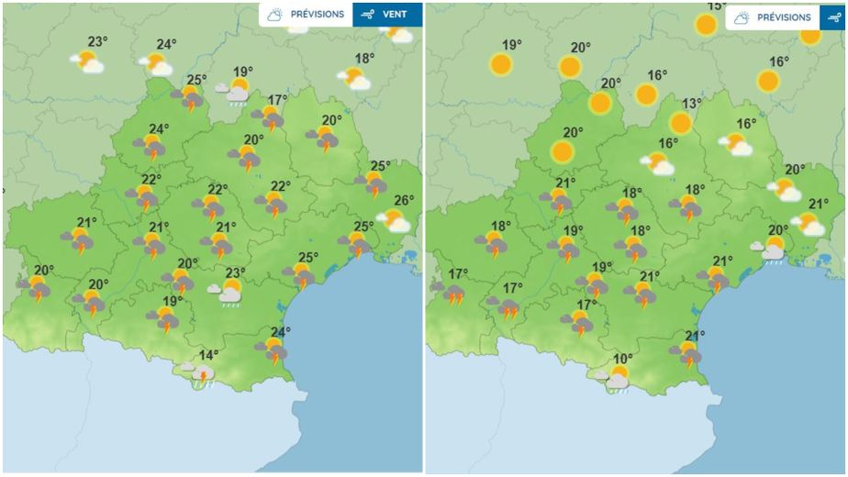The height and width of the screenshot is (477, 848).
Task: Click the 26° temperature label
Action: point(404,201)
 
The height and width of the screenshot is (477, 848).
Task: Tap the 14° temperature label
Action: point(209,356)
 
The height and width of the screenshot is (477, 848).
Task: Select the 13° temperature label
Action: point(691,105)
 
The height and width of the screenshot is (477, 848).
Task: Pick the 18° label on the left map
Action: point(364,59)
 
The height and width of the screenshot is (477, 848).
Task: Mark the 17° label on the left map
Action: point(277,100)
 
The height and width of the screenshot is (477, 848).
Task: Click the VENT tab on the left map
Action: point(388,15)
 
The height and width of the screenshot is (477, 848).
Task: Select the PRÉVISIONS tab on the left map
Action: point(306,15)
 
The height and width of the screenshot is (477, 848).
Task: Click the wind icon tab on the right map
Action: point(832,17)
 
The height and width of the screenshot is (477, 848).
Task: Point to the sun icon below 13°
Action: point(680,123)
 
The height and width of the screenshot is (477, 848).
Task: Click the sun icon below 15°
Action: point(706,25)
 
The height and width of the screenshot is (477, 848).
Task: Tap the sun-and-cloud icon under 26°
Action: point(396,220)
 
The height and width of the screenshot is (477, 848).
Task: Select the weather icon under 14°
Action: point(200,373)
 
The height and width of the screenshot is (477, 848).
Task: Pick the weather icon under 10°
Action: point(617,377)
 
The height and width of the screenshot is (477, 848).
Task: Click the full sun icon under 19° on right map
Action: point(501,64)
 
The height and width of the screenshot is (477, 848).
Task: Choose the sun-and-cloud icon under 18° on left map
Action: point(354,78)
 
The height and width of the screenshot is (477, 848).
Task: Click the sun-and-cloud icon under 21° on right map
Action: point(809,223)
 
